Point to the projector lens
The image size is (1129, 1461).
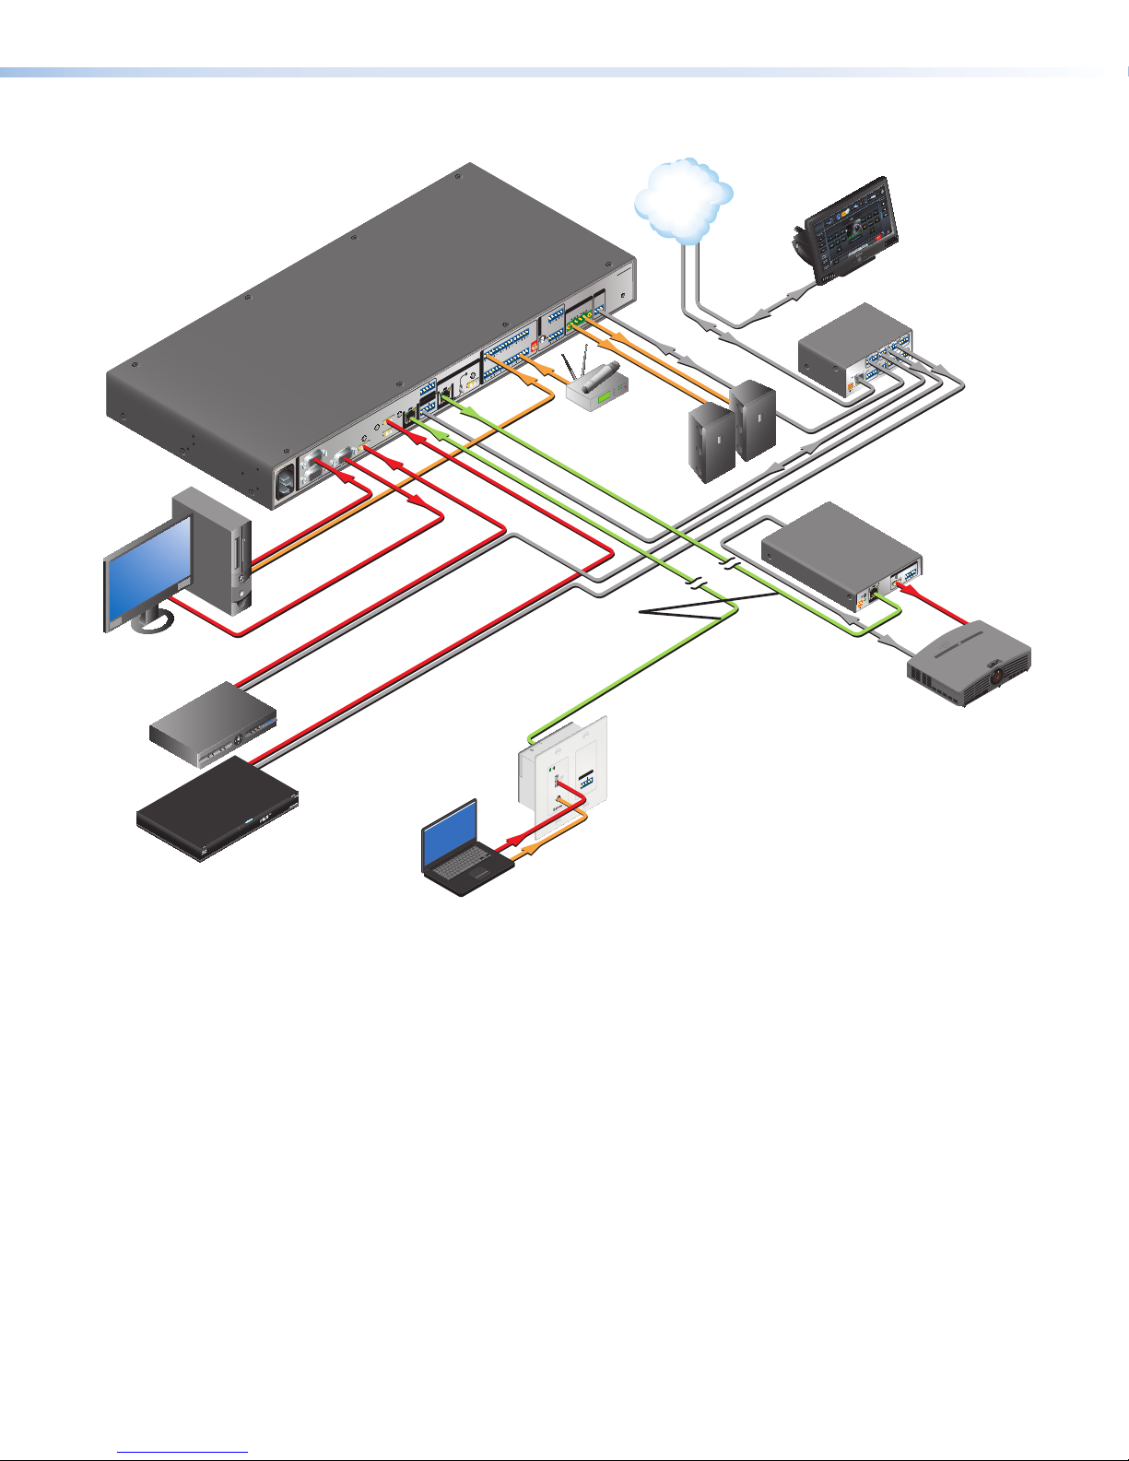coord(996,677)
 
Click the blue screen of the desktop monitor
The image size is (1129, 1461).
coord(147,571)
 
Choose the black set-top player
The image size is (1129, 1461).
coord(219,809)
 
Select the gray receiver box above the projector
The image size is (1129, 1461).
coord(829,553)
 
